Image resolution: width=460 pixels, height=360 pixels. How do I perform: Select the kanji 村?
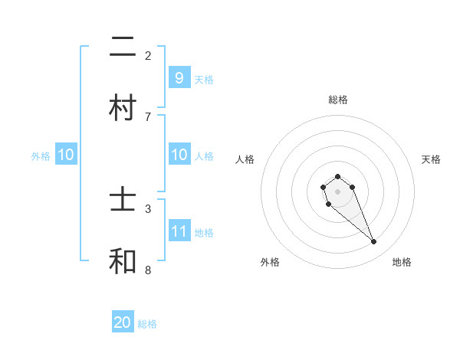[x=123, y=107]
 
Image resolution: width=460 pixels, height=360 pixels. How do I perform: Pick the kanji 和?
[x=123, y=261]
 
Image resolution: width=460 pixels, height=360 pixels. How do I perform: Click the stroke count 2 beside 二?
[x=148, y=55]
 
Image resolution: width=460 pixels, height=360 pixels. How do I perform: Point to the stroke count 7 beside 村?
[x=148, y=116]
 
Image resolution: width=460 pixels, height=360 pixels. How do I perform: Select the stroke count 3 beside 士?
[x=148, y=208]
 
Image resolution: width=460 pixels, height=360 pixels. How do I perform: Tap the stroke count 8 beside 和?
[x=148, y=270]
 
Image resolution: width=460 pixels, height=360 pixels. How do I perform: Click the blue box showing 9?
[x=179, y=77]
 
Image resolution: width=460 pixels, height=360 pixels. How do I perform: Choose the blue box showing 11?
[x=179, y=231]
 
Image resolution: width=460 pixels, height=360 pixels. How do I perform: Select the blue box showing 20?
[x=123, y=322]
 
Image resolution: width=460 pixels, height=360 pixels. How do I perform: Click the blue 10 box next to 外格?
[x=65, y=155]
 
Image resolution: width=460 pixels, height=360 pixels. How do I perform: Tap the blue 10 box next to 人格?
[x=179, y=155]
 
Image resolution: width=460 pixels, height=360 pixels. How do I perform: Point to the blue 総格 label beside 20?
[x=147, y=324]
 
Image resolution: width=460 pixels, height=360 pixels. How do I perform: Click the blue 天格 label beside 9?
[x=204, y=79]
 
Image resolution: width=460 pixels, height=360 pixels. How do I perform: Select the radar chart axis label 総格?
[x=337, y=100]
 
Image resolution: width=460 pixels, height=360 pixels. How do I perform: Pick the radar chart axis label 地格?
[x=402, y=262]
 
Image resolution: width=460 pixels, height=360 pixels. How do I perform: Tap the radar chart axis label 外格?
[x=270, y=262]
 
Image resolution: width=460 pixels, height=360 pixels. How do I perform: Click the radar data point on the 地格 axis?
[x=374, y=242]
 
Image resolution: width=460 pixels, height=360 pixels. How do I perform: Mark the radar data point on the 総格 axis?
[x=337, y=176]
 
